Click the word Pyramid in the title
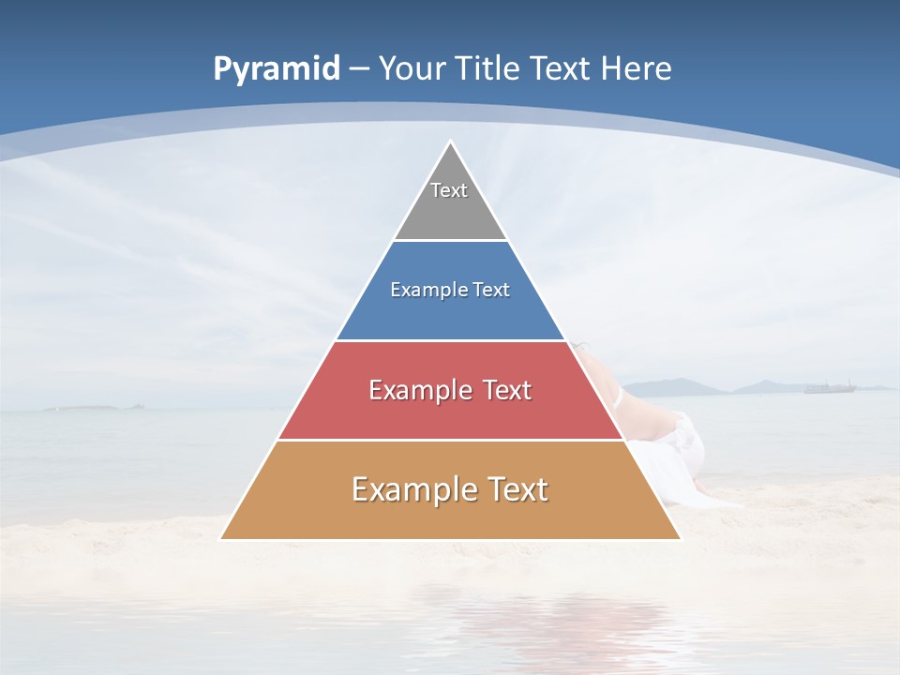click(x=277, y=68)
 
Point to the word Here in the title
click(x=637, y=68)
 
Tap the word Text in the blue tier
click(x=491, y=291)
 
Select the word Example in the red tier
click(x=420, y=390)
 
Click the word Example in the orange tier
click(x=412, y=489)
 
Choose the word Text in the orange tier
click(x=517, y=489)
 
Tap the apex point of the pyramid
click(x=450, y=142)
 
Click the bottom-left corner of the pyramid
click(x=221, y=539)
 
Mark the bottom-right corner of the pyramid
click(x=680, y=539)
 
